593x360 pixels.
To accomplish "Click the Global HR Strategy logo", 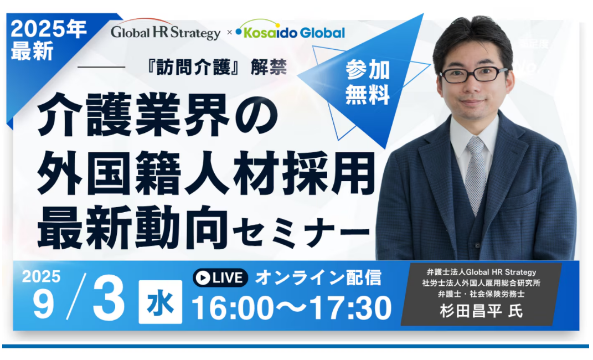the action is [x=165, y=30].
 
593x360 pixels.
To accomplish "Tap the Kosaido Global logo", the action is [x=290, y=30].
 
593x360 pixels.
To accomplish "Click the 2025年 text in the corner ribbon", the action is [x=48, y=29].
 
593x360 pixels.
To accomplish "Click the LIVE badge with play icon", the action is [x=220, y=278].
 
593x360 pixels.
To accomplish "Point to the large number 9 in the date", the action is [x=43, y=305].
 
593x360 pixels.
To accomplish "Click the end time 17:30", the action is [x=350, y=308].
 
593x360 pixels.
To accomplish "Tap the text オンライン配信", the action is [x=318, y=278].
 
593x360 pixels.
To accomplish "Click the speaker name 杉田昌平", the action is [x=471, y=311].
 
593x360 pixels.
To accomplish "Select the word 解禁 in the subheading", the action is [x=269, y=68].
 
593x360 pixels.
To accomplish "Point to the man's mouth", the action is [x=472, y=102].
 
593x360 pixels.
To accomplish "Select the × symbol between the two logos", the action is [x=229, y=33].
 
